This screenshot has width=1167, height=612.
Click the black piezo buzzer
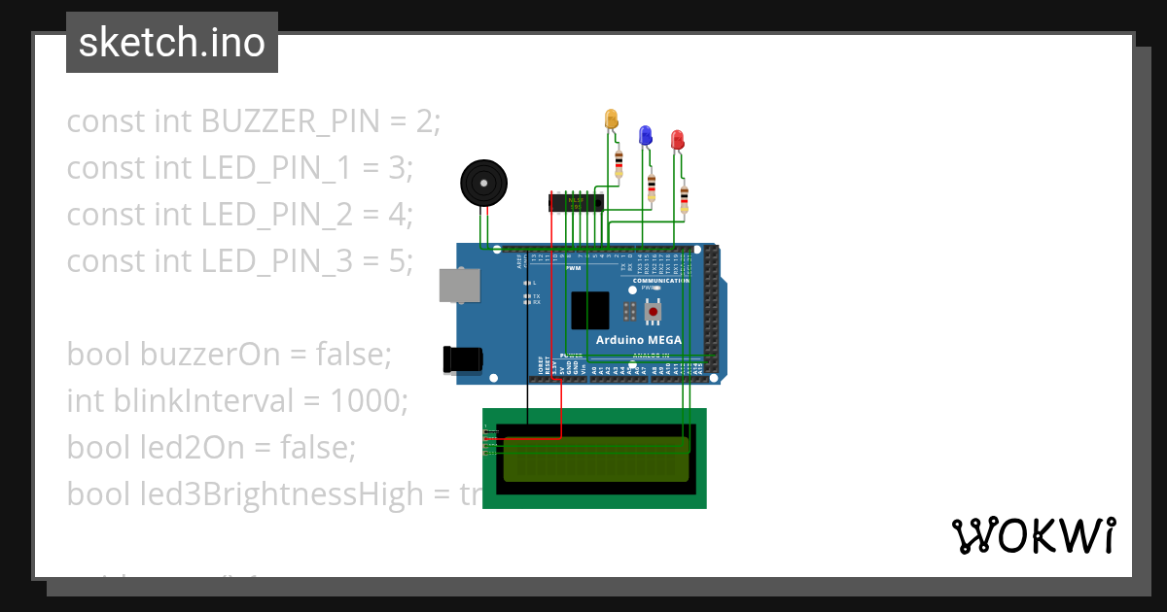pyautogui.click(x=483, y=183)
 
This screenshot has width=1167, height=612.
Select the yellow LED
pyautogui.click(x=612, y=119)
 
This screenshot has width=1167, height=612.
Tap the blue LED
pyautogui.click(x=644, y=135)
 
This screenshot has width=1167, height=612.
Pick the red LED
pyautogui.click(x=677, y=140)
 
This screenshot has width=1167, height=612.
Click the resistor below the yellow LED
pyautogui.click(x=619, y=162)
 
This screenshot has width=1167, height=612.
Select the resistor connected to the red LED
pyautogui.click(x=685, y=198)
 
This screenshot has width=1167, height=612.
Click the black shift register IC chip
pyautogui.click(x=575, y=203)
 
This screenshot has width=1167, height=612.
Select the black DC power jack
pyautogui.click(x=462, y=358)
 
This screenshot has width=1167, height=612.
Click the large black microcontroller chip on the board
pyautogui.click(x=590, y=310)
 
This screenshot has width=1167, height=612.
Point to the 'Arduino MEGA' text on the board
pyautogui.click(x=638, y=340)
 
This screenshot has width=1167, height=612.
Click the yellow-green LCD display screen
pyautogui.click(x=595, y=459)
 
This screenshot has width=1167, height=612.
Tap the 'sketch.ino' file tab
pyautogui.click(x=172, y=43)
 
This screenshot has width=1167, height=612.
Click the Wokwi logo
pyautogui.click(x=1033, y=535)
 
